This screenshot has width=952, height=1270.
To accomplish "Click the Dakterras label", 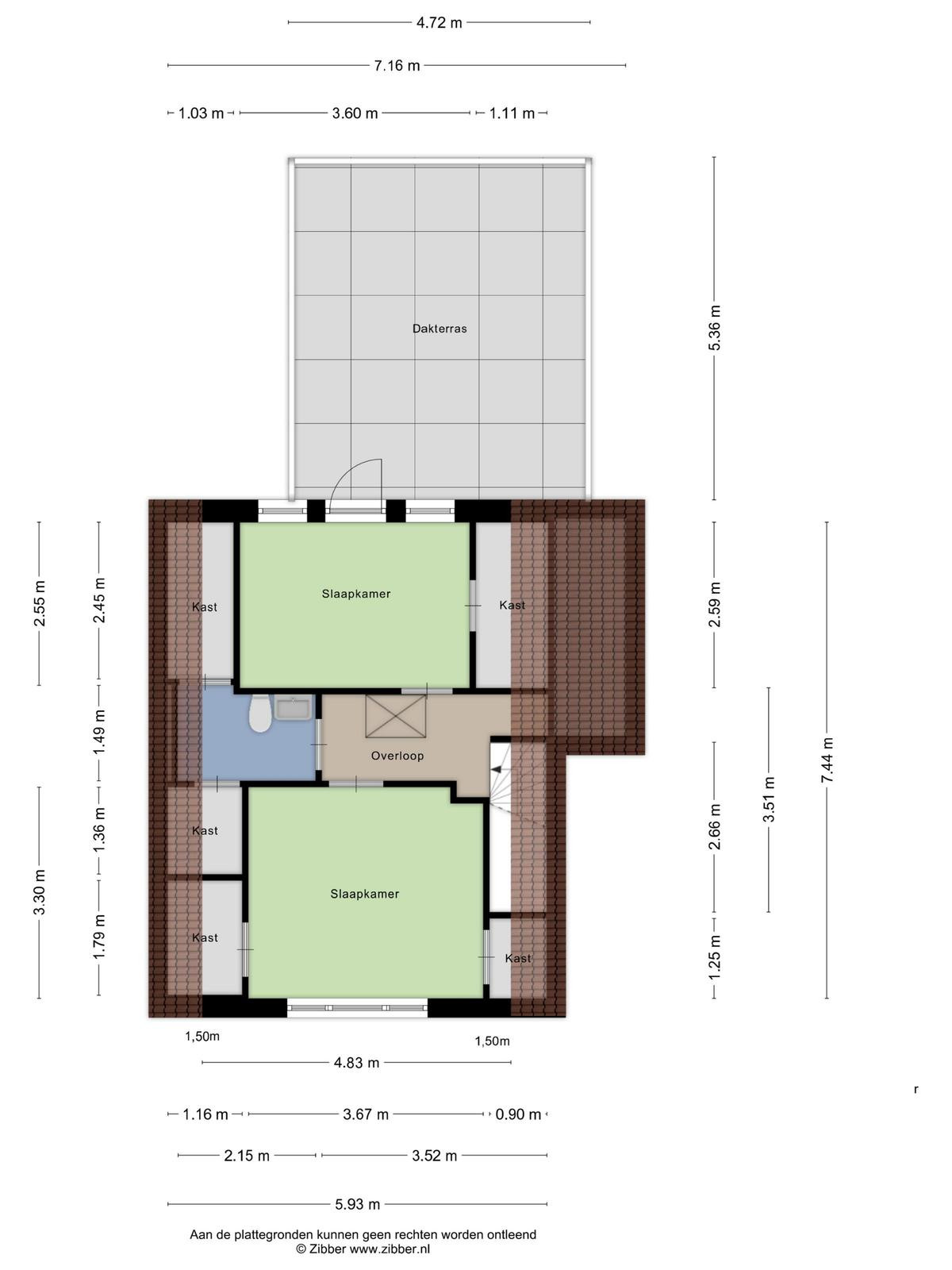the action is pos(440,329).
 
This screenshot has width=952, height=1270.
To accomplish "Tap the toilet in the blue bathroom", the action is pos(260,714).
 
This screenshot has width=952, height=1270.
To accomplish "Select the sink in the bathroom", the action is pos(293,707).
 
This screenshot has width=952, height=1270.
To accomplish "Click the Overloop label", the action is pos(397,756).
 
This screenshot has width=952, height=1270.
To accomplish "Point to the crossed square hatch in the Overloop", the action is pos(396,716).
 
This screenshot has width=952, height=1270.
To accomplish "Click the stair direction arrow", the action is pos(497,769).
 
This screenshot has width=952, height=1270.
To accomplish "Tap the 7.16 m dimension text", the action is pos(397,65).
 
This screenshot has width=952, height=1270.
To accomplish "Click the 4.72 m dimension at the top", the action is pos(440,22).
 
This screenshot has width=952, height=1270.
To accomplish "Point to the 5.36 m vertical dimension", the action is pos(715,328).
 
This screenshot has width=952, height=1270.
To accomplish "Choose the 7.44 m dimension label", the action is pos(827,760).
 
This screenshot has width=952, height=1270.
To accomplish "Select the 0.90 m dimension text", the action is pos(518,1114).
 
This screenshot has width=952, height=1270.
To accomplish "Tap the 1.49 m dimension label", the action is pos(99,731).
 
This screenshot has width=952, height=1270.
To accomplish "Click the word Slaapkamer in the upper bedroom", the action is pos(356,594).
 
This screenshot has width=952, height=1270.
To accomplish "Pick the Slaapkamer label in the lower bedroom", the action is pos(365,894).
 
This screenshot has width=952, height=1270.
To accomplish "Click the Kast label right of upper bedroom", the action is pos(512,605).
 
